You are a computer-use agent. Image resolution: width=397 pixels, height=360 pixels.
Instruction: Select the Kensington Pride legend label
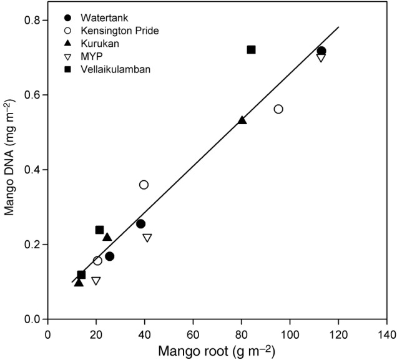tap(104, 30)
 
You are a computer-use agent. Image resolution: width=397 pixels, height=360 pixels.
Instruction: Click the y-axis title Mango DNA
tap(11, 168)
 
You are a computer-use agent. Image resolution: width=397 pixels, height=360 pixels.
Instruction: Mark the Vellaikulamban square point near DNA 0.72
tap(251, 50)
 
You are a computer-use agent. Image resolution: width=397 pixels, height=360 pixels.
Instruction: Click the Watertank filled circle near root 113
tap(321, 51)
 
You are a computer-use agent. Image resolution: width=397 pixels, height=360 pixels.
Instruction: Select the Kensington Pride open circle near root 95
tap(278, 109)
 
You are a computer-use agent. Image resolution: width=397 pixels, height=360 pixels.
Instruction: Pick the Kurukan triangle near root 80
tap(242, 120)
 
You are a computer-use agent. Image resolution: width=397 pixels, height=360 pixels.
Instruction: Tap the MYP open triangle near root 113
tap(321, 58)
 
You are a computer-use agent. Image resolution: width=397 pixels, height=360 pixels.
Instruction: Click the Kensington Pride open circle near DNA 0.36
tap(144, 185)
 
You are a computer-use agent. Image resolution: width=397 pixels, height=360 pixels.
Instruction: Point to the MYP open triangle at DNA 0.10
tap(96, 281)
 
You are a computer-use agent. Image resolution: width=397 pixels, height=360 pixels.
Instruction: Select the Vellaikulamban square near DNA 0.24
tap(99, 230)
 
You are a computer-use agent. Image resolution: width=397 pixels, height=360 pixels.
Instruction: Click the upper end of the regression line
tap(338, 27)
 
